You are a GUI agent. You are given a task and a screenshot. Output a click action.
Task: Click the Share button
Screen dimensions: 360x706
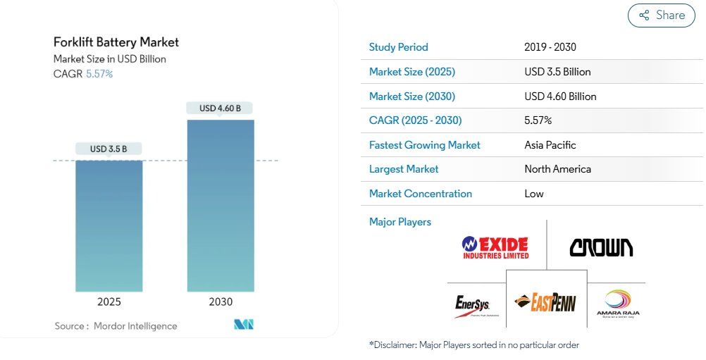tap(661, 15)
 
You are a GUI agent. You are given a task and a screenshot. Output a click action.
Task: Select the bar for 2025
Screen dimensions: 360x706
tap(109, 225)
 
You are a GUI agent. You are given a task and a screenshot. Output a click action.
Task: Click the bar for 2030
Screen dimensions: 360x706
tap(221, 205)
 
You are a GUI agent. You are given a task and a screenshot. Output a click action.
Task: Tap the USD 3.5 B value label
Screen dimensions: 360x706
tap(109, 149)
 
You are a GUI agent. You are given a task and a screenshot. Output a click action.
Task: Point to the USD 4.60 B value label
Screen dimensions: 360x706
tap(220, 108)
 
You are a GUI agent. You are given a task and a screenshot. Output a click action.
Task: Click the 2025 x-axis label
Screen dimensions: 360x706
tap(109, 302)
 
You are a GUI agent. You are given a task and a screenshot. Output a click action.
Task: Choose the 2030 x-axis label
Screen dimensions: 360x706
tap(221, 302)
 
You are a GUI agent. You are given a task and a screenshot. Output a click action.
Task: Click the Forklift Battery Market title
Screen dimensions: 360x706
tap(116, 42)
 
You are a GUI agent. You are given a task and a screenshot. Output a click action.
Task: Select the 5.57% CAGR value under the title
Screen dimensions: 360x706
tap(99, 74)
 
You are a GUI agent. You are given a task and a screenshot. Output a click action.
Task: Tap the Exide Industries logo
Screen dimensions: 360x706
tap(495, 247)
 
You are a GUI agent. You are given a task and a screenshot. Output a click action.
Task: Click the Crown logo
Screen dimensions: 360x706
tap(601, 247)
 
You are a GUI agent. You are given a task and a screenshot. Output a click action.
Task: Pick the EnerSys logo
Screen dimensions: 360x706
tap(472, 305)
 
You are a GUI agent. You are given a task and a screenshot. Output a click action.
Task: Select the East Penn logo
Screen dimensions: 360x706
tap(546, 302)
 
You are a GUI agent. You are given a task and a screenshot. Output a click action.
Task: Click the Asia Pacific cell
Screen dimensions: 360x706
tap(550, 145)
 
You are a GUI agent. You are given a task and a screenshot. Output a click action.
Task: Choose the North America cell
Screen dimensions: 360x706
tap(557, 169)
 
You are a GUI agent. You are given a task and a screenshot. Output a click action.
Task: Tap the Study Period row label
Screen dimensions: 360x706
tap(398, 47)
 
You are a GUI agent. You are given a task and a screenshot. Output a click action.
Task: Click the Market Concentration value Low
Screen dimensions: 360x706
tap(534, 194)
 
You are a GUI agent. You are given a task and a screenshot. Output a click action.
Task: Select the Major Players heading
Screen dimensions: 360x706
tap(400, 222)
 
